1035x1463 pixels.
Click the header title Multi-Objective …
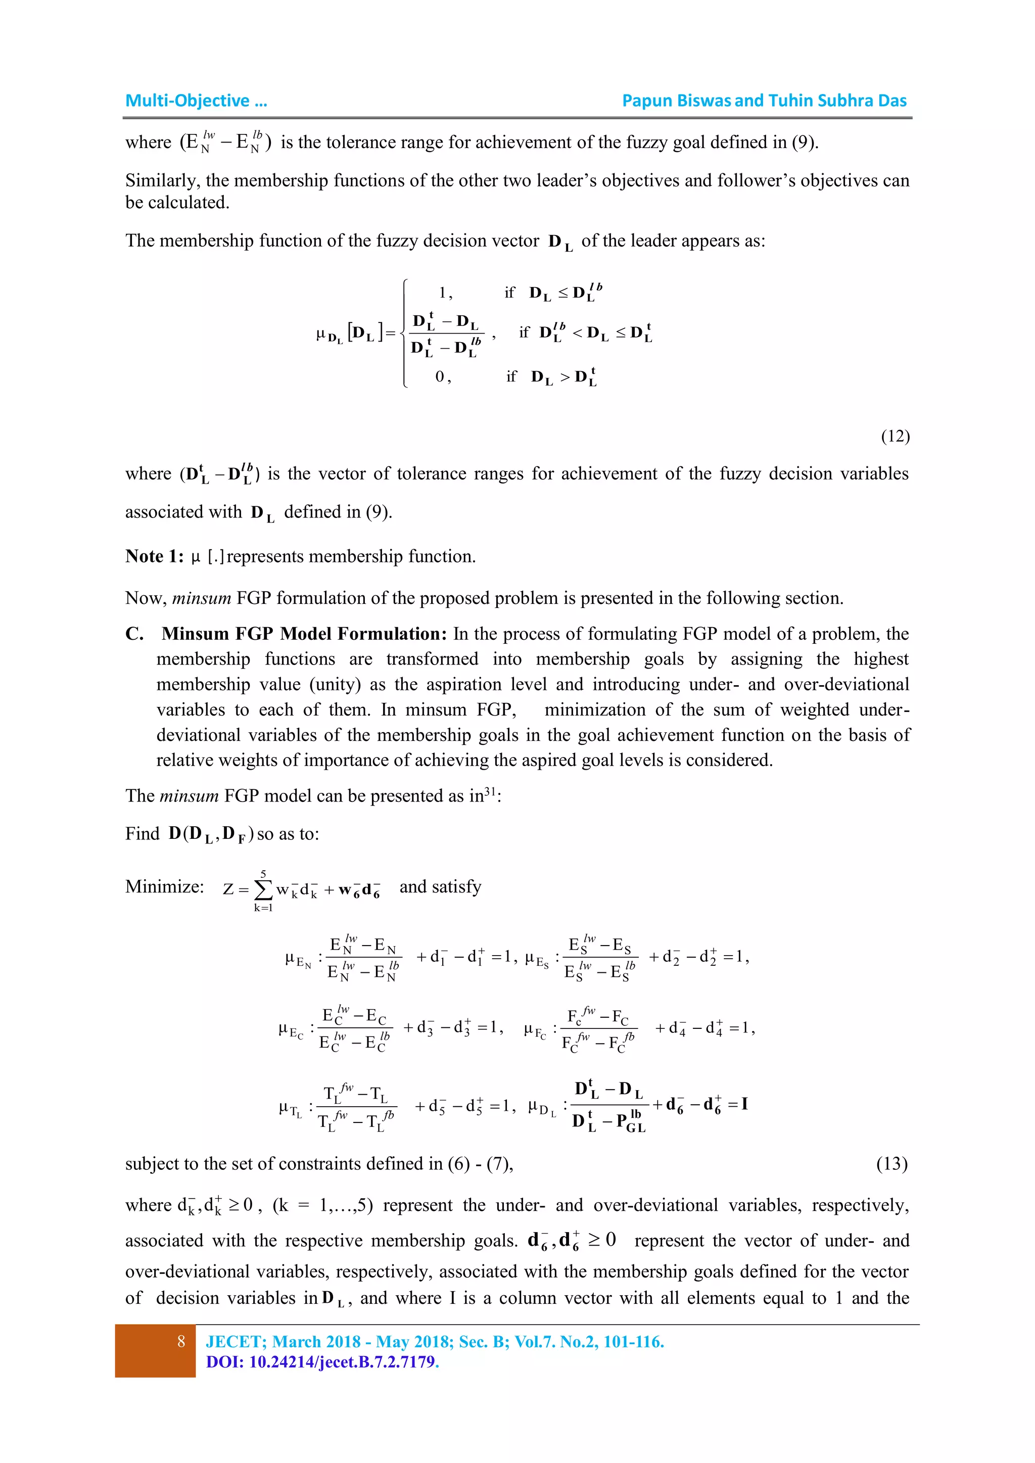point(196,101)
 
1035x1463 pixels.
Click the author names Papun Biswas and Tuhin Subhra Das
point(764,101)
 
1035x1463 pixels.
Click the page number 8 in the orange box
point(181,1342)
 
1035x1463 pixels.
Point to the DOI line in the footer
point(322,1362)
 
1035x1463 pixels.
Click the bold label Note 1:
point(154,556)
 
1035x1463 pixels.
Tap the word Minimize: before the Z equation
point(164,886)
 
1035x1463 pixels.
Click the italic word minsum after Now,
point(202,598)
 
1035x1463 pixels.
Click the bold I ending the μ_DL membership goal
point(744,1104)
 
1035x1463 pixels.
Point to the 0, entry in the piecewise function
point(443,376)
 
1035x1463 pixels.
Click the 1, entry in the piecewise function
point(445,293)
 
